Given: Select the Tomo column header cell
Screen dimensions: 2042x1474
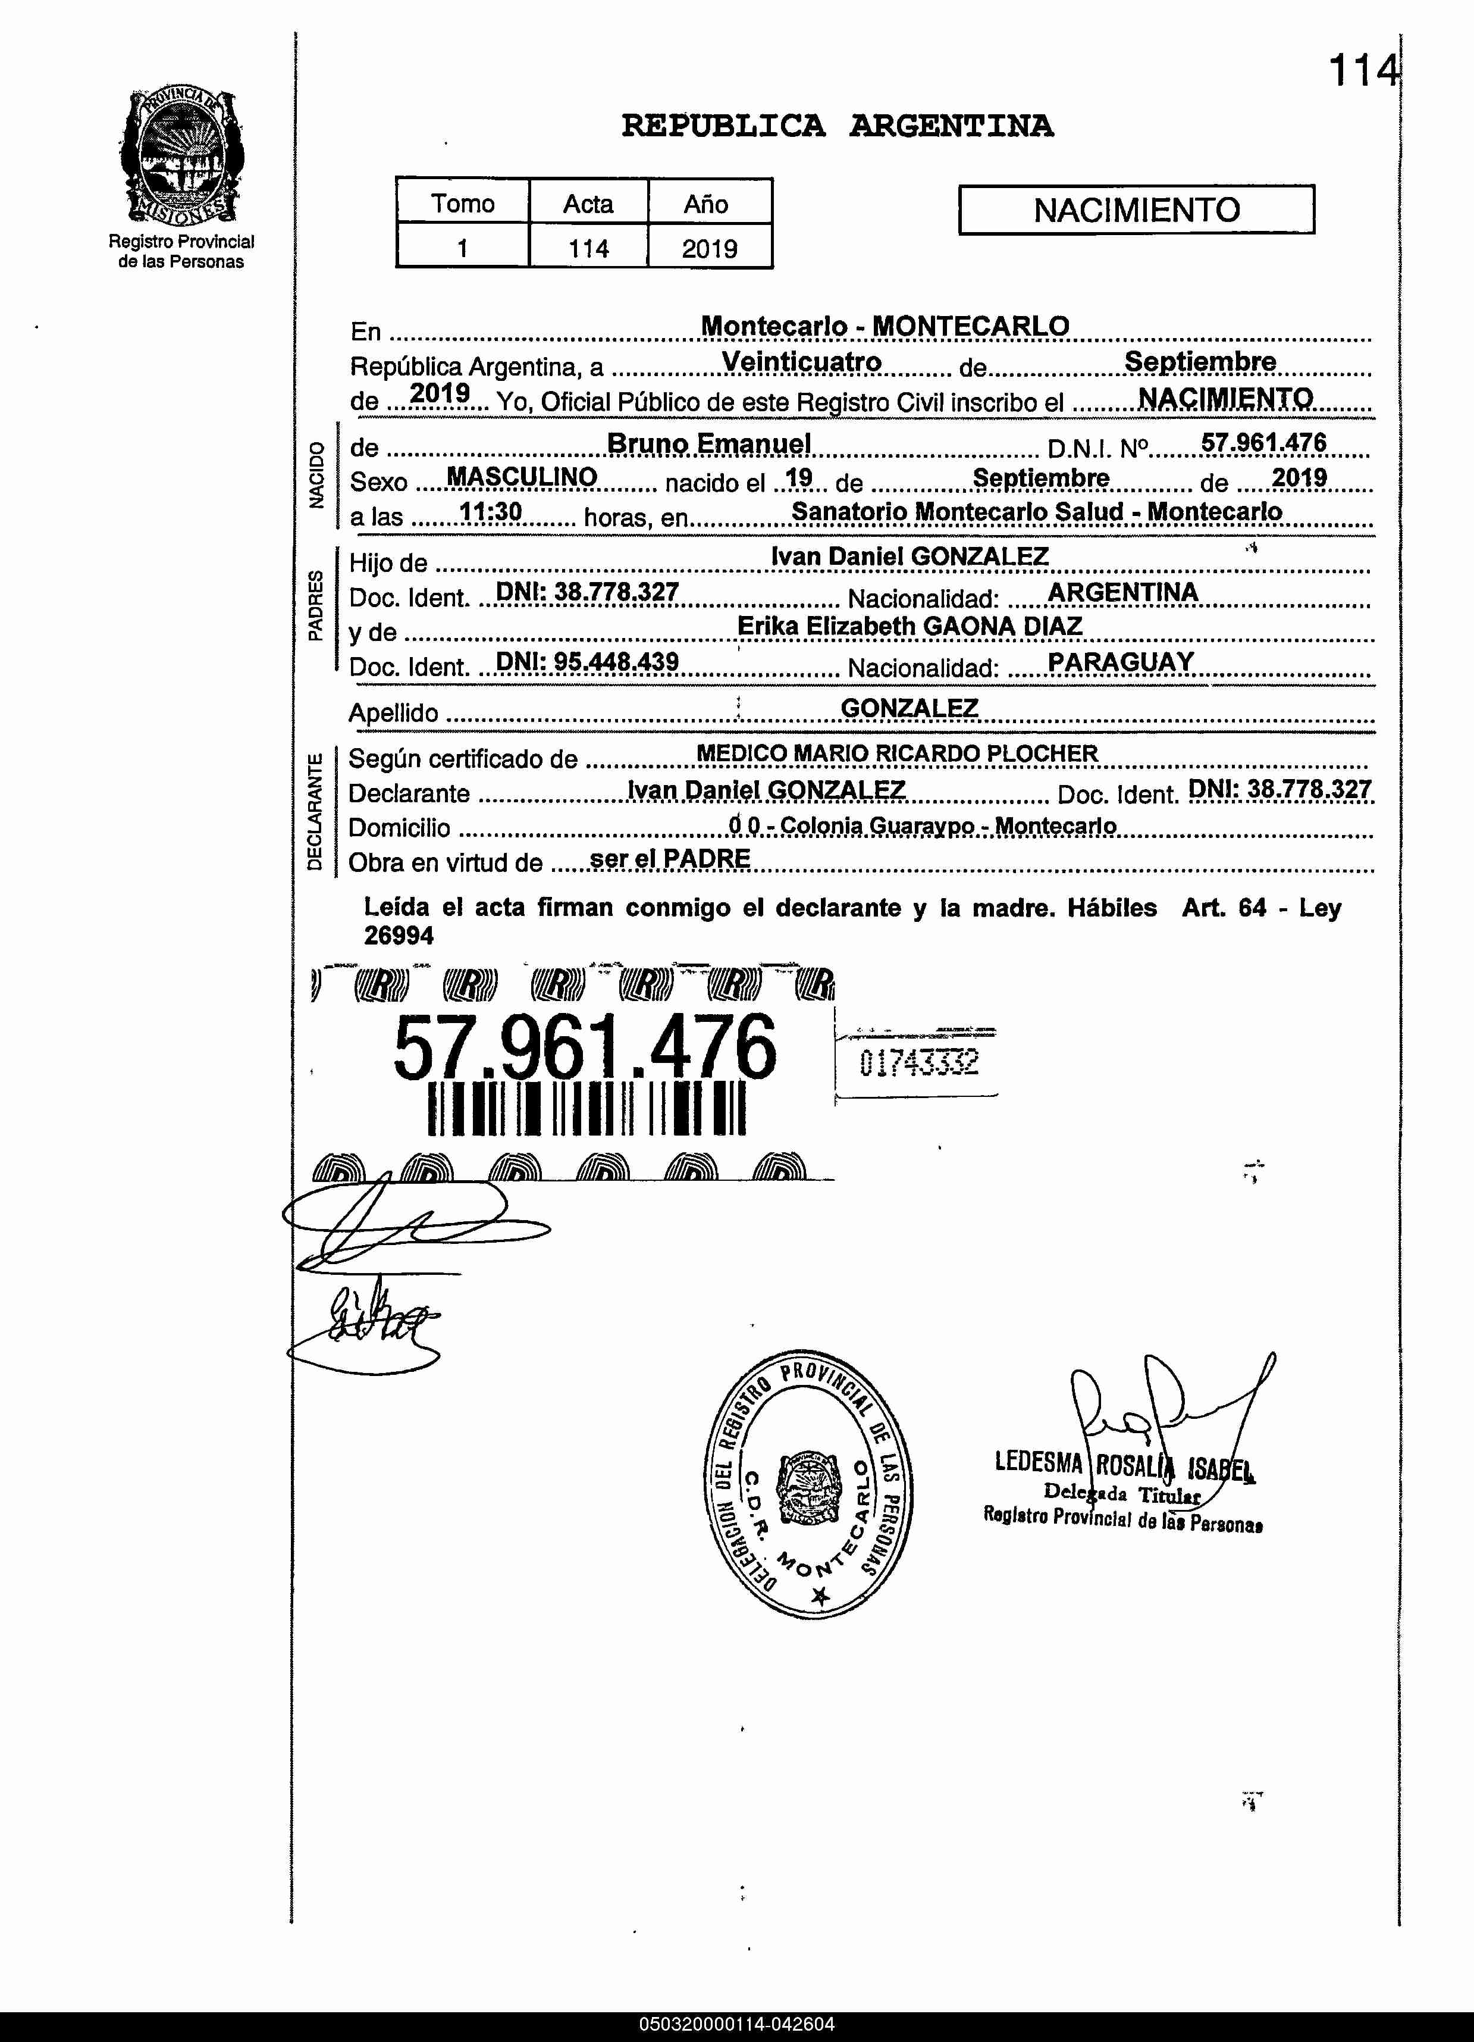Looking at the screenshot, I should coord(463,204).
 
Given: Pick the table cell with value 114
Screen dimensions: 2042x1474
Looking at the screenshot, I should coord(588,249).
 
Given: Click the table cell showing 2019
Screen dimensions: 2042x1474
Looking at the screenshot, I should coord(709,249).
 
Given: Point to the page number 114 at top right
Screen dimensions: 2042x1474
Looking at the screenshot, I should coord(1363,70).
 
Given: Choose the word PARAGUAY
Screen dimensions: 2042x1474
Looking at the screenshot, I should coord(1120,662).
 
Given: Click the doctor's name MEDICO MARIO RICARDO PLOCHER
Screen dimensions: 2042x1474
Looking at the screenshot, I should coord(897,753).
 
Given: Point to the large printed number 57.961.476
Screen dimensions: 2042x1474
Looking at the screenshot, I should coord(585,1047).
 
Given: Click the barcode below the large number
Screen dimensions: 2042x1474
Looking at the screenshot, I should coord(587,1108).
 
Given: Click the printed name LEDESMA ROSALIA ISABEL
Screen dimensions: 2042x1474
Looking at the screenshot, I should coord(1124,1465).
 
